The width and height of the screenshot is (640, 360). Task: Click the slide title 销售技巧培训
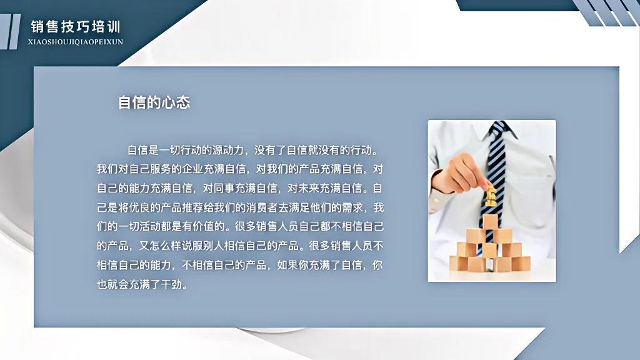pos(76,27)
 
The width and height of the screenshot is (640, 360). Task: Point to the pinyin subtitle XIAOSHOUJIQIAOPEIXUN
pos(76,42)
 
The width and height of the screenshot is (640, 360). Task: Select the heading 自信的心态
pos(154,102)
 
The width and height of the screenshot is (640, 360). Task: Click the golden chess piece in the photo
pos(491,195)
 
